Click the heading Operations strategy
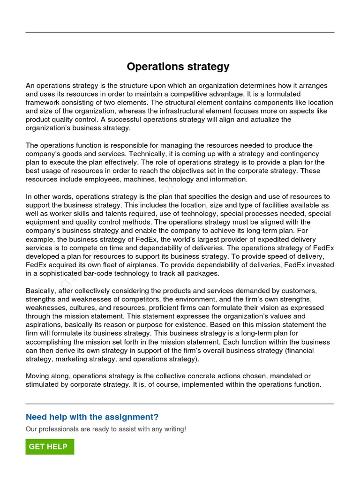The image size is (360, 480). pos(178,67)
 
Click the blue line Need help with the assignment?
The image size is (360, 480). pos(92,417)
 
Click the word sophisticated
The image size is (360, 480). pos(61,273)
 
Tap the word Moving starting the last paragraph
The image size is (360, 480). pos(37,376)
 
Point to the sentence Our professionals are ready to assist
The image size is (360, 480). pos(105,429)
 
